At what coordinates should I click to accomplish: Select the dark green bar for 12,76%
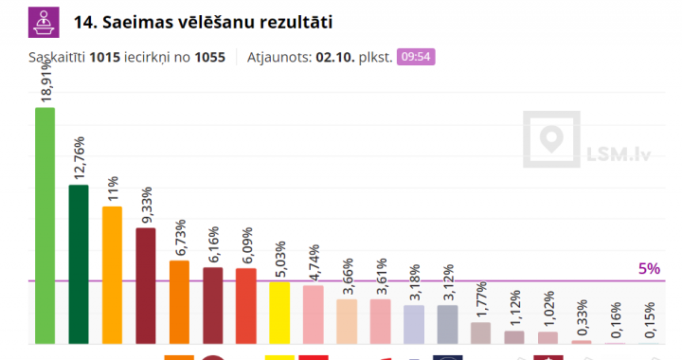click(79, 264)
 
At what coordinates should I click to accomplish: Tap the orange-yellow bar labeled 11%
click(112, 275)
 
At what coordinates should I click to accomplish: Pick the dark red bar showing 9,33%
click(145, 285)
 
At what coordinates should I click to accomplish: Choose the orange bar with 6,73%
click(179, 301)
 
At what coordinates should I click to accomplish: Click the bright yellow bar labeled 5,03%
click(279, 313)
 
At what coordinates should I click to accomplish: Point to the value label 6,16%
click(214, 245)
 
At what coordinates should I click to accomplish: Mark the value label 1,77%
click(481, 300)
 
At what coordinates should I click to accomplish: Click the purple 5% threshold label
click(648, 269)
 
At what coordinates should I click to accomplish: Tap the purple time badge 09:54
click(416, 56)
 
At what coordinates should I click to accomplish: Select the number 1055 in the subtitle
click(209, 57)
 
